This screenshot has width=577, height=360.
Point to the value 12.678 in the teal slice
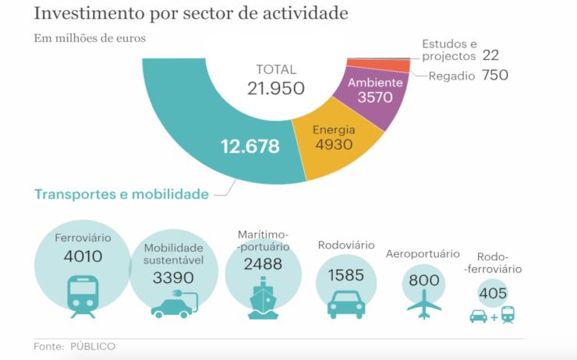(251, 145)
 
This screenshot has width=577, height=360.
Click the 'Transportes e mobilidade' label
(121, 194)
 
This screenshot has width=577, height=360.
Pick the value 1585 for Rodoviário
(346, 275)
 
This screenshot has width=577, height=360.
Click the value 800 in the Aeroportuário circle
(423, 280)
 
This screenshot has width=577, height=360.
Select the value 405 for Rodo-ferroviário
(493, 294)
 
